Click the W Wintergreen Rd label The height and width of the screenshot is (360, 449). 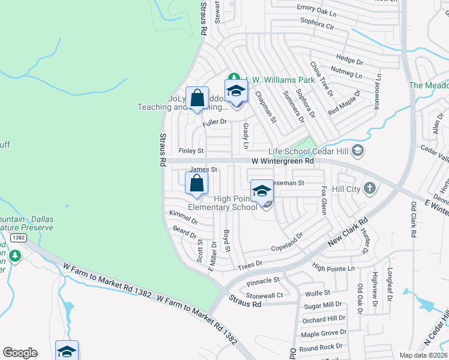click(x=282, y=161)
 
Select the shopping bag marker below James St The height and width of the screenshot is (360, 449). click(x=197, y=184)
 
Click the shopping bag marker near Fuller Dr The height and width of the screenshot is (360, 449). click(x=197, y=98)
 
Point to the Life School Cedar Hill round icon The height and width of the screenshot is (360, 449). click(x=358, y=150)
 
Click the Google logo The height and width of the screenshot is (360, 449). click(x=20, y=353)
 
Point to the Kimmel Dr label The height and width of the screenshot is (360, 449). click(x=184, y=217)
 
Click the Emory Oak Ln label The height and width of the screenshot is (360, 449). click(x=317, y=8)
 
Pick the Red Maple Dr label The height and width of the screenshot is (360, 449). click(x=344, y=103)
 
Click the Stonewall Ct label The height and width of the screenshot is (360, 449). click(x=264, y=295)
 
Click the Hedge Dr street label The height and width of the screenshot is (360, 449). click(x=350, y=61)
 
